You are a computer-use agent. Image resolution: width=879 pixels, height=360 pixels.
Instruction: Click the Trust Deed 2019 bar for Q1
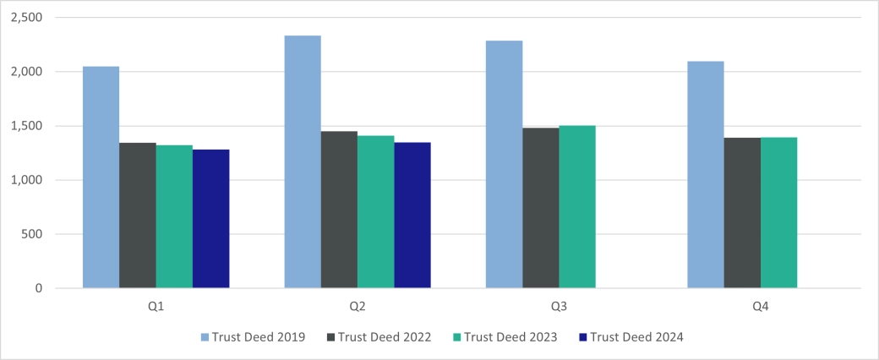[x=101, y=177]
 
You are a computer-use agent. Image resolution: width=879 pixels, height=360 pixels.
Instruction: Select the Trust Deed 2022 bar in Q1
[x=138, y=215]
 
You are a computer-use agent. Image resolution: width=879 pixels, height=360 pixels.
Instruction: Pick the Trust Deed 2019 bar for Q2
[x=303, y=162]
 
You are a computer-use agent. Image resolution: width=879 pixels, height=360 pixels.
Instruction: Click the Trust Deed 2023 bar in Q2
[x=376, y=212]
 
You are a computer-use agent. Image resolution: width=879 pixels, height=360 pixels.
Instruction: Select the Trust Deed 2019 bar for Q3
[x=505, y=165]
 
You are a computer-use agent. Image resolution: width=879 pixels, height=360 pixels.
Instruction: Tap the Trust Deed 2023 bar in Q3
[x=577, y=207]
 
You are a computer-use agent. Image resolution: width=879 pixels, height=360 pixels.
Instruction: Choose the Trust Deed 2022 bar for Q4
[x=742, y=213]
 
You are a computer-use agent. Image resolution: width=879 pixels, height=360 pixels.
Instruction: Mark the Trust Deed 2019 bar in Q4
[x=706, y=175]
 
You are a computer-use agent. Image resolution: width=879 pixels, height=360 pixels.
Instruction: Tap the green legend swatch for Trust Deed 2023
[x=456, y=337]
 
